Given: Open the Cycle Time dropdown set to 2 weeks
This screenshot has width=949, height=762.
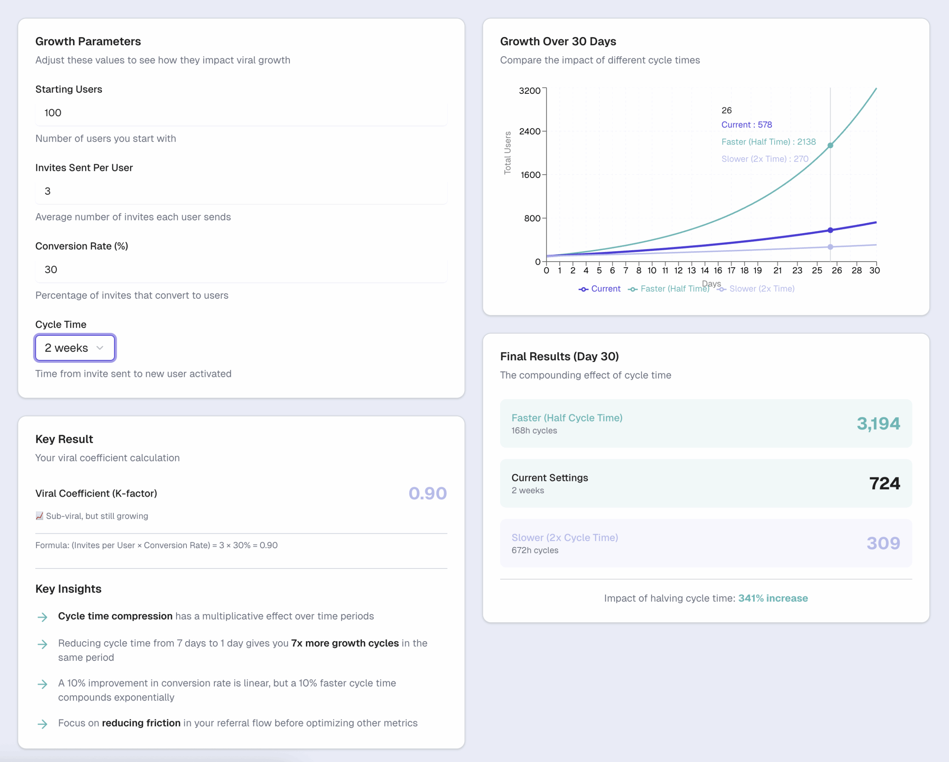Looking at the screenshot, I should (x=75, y=348).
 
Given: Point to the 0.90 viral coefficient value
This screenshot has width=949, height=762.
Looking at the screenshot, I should (x=427, y=493).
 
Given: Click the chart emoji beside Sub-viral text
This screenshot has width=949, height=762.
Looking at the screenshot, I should (x=40, y=516).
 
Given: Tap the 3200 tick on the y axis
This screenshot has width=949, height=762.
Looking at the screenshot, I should (x=529, y=91).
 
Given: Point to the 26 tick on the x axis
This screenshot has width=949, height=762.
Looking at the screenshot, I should (x=836, y=271).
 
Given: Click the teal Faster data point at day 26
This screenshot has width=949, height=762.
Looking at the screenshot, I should (x=830, y=146).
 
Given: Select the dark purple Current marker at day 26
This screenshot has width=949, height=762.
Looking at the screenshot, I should (x=830, y=230).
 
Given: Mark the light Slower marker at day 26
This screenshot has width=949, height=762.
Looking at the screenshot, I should (x=830, y=247).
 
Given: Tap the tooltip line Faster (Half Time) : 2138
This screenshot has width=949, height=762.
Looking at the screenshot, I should (x=768, y=142).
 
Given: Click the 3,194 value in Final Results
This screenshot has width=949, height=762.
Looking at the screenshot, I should (x=878, y=424).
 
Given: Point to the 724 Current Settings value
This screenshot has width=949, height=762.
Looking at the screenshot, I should (x=884, y=484).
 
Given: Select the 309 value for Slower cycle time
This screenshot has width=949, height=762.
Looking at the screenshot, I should (x=883, y=543).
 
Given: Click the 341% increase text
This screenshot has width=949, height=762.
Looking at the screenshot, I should (x=773, y=598).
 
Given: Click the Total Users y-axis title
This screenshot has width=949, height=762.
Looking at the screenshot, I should (x=507, y=153).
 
